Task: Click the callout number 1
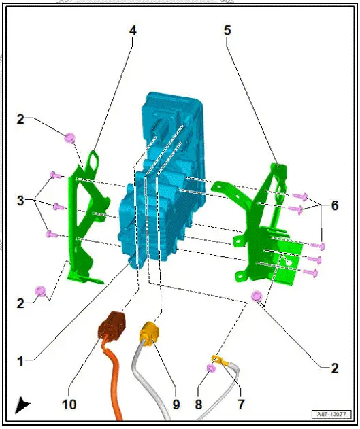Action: (x=20, y=362)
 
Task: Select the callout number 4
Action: (x=133, y=31)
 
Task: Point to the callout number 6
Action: (x=333, y=204)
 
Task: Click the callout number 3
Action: (x=21, y=201)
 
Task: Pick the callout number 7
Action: (x=240, y=404)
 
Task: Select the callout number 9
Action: (x=176, y=404)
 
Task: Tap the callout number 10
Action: (x=69, y=404)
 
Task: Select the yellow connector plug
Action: (x=149, y=334)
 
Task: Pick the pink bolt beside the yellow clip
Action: (x=211, y=368)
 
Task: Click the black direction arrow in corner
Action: (x=22, y=405)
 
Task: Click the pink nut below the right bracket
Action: (x=257, y=296)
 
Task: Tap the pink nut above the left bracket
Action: (x=69, y=138)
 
